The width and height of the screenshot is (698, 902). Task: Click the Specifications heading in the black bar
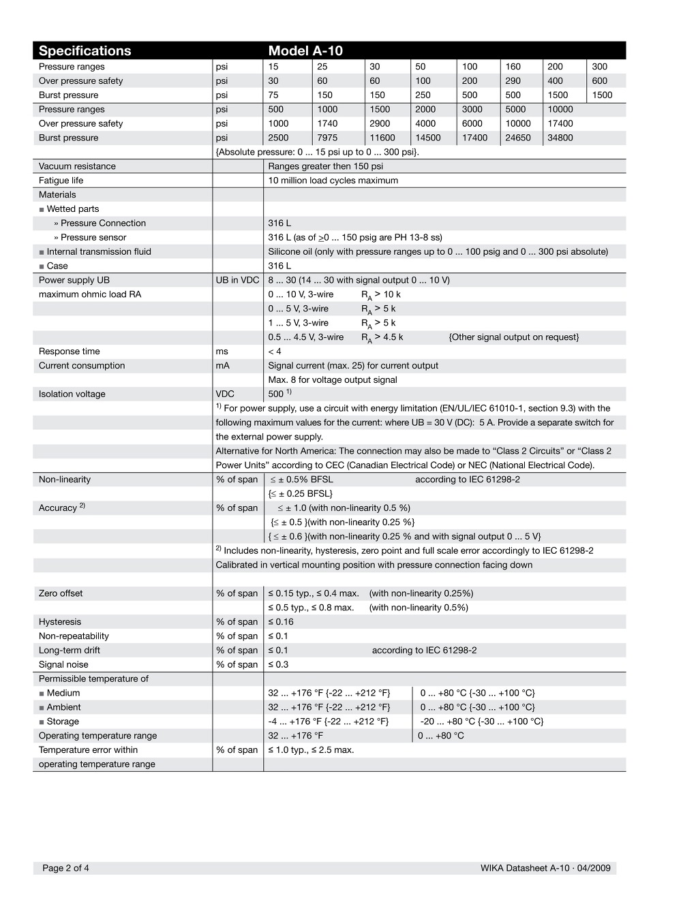point(85,51)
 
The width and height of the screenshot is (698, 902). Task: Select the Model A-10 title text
point(305,51)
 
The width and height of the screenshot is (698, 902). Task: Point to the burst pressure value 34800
point(560,138)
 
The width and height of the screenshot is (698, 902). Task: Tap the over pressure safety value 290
point(513,81)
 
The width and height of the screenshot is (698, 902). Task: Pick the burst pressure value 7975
point(327,138)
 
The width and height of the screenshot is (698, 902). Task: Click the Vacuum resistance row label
point(77,166)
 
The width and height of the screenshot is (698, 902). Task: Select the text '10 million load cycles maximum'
point(333,181)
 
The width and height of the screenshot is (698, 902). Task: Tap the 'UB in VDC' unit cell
point(237,280)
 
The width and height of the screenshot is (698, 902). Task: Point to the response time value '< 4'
point(275,352)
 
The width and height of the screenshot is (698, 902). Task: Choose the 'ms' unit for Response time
point(222,352)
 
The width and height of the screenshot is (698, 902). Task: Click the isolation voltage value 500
point(275,394)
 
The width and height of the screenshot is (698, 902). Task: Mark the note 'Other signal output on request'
point(513,337)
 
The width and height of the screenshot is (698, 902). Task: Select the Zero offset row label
point(61,593)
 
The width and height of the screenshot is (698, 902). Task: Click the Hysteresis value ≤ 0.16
point(281,622)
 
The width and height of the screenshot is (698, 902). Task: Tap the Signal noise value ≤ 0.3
point(278,665)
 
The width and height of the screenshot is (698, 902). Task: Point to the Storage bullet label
point(62,721)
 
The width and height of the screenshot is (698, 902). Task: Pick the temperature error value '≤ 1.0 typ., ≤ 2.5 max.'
point(311,750)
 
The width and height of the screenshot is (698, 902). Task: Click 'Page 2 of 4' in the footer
point(65,868)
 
